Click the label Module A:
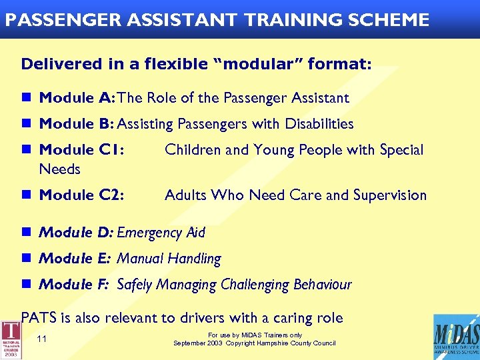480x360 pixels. (x=77, y=98)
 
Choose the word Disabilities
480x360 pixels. (x=319, y=124)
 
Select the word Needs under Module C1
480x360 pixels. (x=59, y=169)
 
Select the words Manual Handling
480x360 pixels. (x=169, y=259)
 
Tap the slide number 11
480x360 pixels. (x=42, y=339)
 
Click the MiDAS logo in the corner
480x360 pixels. (x=455, y=337)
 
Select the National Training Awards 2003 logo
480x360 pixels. (x=11, y=340)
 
